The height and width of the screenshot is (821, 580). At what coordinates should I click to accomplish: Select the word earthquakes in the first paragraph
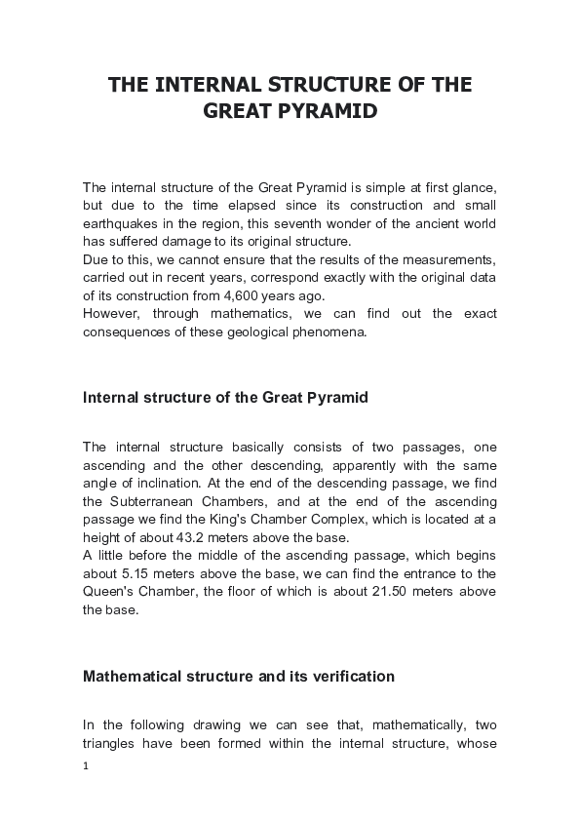point(120,224)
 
